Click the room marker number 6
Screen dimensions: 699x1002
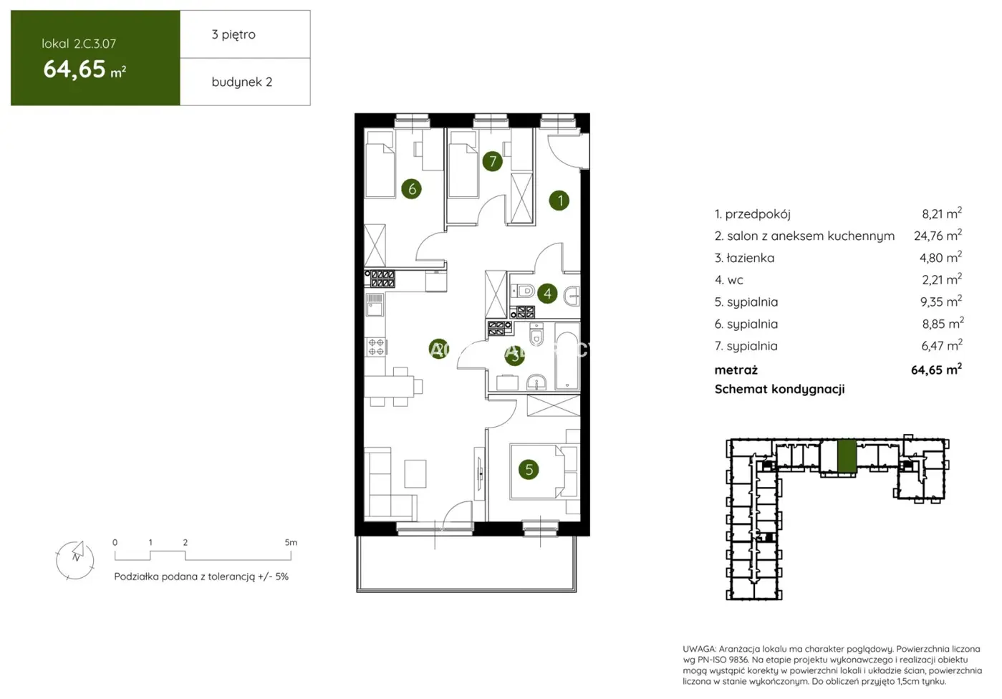pyautogui.click(x=411, y=189)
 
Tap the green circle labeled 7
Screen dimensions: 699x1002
pyautogui.click(x=492, y=161)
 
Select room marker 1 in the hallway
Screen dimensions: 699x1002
pyautogui.click(x=559, y=201)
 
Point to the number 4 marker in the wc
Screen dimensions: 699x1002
pyautogui.click(x=547, y=293)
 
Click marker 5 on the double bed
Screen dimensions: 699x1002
pyautogui.click(x=529, y=470)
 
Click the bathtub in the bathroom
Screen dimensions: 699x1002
pyautogui.click(x=567, y=360)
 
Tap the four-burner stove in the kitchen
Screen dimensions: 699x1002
pyautogui.click(x=376, y=347)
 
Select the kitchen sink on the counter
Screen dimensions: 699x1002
pyautogui.click(x=375, y=304)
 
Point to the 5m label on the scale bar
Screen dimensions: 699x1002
pyautogui.click(x=290, y=542)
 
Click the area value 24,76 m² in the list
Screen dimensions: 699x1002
pyautogui.click(x=938, y=236)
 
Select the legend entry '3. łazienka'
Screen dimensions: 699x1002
pyautogui.click(x=744, y=258)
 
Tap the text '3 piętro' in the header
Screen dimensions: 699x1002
pyautogui.click(x=233, y=34)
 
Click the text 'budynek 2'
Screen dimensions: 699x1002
pyautogui.click(x=241, y=82)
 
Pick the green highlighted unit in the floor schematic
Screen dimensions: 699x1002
pyautogui.click(x=846, y=456)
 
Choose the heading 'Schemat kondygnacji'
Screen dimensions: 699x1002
pyautogui.click(x=779, y=389)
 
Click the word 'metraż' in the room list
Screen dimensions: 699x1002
pyautogui.click(x=736, y=370)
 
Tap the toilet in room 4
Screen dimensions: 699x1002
pyautogui.click(x=524, y=291)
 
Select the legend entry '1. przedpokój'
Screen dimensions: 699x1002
pyautogui.click(x=752, y=213)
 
